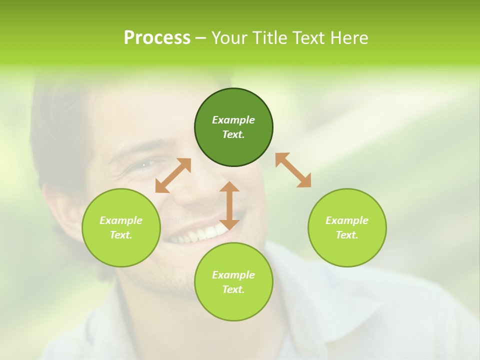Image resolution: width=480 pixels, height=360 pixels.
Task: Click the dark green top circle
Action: (x=233, y=127)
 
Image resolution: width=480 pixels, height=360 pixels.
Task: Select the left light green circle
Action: (x=121, y=227)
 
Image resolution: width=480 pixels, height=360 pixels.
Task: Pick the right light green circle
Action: (x=347, y=227)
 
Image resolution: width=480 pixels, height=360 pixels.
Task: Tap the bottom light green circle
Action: (x=233, y=282)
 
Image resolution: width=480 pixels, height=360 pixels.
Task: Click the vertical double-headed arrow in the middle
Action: (x=229, y=205)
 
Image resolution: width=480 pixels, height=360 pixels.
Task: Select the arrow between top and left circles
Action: (x=173, y=175)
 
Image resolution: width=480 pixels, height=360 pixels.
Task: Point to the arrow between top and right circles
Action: (x=293, y=170)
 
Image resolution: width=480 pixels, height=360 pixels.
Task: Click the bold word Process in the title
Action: (x=157, y=38)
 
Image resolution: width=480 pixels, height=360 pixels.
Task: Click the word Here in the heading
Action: (x=348, y=38)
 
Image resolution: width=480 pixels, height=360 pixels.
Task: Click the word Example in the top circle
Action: (x=233, y=120)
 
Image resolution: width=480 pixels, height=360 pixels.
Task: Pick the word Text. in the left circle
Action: (x=121, y=235)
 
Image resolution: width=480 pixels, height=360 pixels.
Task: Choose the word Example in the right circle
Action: (x=347, y=220)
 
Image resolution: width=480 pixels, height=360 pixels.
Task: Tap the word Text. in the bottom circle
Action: (x=233, y=289)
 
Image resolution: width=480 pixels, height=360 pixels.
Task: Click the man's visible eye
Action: (x=145, y=163)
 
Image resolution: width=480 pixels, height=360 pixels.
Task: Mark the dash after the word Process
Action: (x=201, y=38)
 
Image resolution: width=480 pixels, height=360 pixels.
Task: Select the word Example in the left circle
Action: (x=121, y=220)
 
